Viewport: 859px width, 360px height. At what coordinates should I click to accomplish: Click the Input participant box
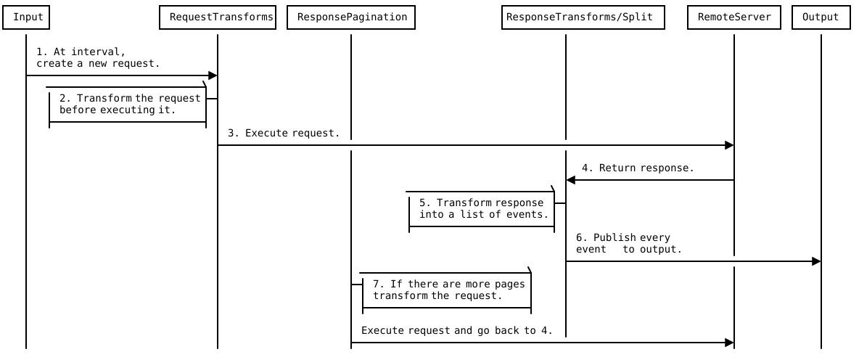(28, 17)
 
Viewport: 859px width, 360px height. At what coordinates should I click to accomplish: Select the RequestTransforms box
(218, 17)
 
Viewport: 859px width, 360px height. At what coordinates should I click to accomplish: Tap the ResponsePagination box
(351, 17)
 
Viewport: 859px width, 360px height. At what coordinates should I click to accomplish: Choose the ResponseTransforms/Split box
(583, 17)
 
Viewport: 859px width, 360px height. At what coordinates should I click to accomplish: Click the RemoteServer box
(734, 17)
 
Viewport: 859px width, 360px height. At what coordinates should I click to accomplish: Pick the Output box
(821, 17)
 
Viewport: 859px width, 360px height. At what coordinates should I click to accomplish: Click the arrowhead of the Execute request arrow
(729, 145)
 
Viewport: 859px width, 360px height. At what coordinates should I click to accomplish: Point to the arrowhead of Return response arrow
(571, 180)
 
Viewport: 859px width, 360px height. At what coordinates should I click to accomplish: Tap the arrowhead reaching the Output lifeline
(816, 261)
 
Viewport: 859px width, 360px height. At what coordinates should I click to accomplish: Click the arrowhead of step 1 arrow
(213, 75)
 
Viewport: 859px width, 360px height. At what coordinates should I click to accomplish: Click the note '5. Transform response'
(482, 209)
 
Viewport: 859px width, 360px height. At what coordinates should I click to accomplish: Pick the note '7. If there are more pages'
(446, 290)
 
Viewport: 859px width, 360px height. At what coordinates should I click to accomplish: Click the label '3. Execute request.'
(283, 133)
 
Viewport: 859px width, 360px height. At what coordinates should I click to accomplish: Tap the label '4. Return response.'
(636, 168)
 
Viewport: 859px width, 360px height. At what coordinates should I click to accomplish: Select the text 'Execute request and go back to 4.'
(456, 330)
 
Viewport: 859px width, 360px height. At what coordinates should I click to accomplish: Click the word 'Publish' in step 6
(615, 237)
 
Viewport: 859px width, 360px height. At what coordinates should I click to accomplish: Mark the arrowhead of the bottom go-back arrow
(729, 343)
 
